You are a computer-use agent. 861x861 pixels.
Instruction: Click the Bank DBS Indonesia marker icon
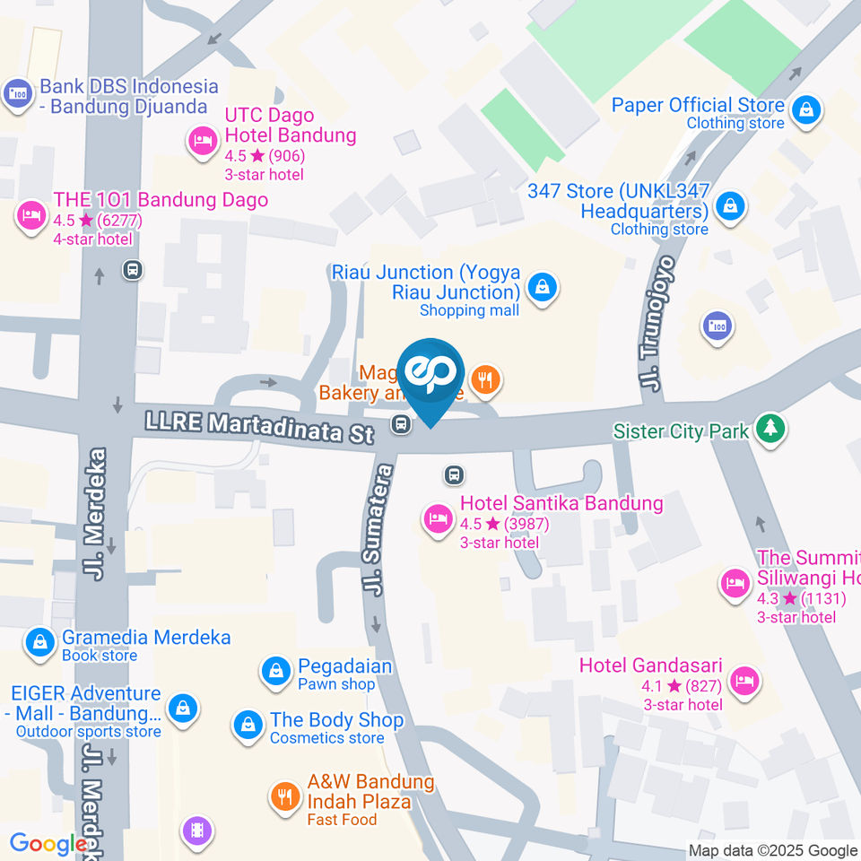[x=17, y=93]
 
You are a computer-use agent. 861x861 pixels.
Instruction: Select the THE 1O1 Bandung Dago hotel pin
[x=31, y=215]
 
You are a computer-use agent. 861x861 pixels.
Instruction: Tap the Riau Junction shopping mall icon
[x=543, y=288]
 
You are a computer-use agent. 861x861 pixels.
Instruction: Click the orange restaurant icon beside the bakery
[x=486, y=379]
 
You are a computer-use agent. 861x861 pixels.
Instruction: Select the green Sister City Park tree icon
[x=770, y=429]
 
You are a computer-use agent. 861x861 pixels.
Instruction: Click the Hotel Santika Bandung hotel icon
[x=438, y=518]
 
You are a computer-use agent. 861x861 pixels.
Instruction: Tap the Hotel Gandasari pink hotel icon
[x=744, y=681]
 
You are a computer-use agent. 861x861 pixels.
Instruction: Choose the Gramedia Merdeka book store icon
[x=39, y=643]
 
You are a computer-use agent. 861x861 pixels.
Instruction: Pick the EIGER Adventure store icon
[x=183, y=708]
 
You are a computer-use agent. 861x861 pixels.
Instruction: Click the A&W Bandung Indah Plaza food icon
[x=284, y=796]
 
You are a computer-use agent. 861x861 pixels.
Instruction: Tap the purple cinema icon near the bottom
[x=196, y=831]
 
